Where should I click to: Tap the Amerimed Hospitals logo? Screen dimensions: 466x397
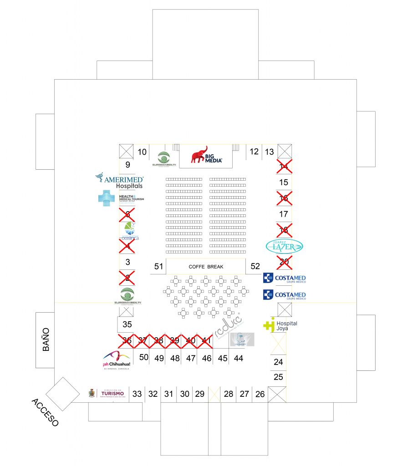pyautogui.click(x=120, y=181)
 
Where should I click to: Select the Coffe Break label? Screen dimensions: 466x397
pyautogui.click(x=206, y=267)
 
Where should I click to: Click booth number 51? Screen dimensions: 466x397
pyautogui.click(x=158, y=267)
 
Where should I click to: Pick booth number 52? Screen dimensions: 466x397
pyautogui.click(x=255, y=267)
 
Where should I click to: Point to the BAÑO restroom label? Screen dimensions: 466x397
pyautogui.click(x=46, y=339)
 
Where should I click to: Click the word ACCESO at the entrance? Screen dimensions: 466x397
pyautogui.click(x=45, y=412)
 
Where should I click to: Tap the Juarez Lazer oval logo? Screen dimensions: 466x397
pyautogui.click(x=284, y=246)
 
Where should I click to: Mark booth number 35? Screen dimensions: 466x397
pyautogui.click(x=127, y=324)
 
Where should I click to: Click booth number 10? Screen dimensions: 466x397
pyautogui.click(x=142, y=152)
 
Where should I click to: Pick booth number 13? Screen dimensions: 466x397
pyautogui.click(x=270, y=152)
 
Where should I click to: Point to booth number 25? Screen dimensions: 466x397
pyautogui.click(x=278, y=377)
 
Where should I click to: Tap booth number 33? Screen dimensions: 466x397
pyautogui.click(x=137, y=394)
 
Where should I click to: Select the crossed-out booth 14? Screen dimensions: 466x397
pyautogui.click(x=284, y=167)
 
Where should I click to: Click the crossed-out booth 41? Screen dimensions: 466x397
pyautogui.click(x=206, y=340)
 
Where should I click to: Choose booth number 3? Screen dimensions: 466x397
pyautogui.click(x=127, y=262)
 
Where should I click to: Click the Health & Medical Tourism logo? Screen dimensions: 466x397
pyautogui.click(x=121, y=198)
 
